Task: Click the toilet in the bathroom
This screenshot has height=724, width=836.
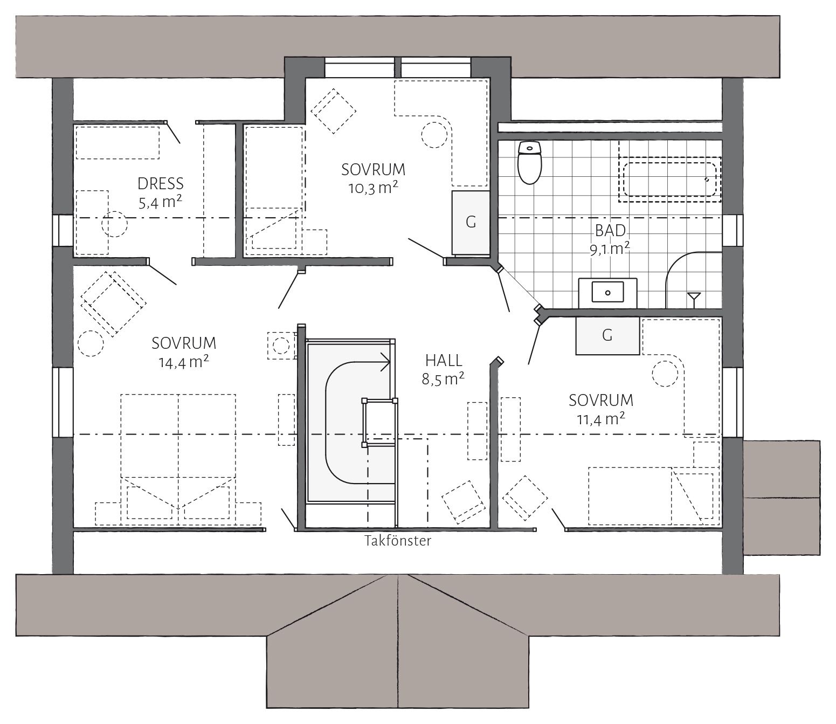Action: coord(529,162)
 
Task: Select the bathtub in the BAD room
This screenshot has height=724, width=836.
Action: coord(670,179)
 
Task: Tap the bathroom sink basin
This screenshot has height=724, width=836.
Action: coord(607,292)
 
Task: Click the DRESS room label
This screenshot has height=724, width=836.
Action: coord(161,184)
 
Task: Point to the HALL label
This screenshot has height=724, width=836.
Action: coord(444,360)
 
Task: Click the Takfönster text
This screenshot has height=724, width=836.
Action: coord(398,541)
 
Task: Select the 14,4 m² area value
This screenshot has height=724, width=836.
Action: coord(184,362)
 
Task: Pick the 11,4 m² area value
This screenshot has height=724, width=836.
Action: coord(600,419)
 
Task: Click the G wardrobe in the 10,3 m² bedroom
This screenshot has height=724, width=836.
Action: coord(471,223)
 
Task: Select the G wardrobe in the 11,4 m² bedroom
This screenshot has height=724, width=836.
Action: coord(607,335)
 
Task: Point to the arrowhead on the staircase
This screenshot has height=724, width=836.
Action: coord(386,361)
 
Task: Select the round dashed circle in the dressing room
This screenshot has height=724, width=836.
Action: coord(114,224)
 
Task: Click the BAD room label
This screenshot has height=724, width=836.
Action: coord(610,231)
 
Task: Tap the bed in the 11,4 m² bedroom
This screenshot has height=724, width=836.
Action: coord(651,497)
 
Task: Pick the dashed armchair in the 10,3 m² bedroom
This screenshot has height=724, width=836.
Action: coord(333,111)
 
